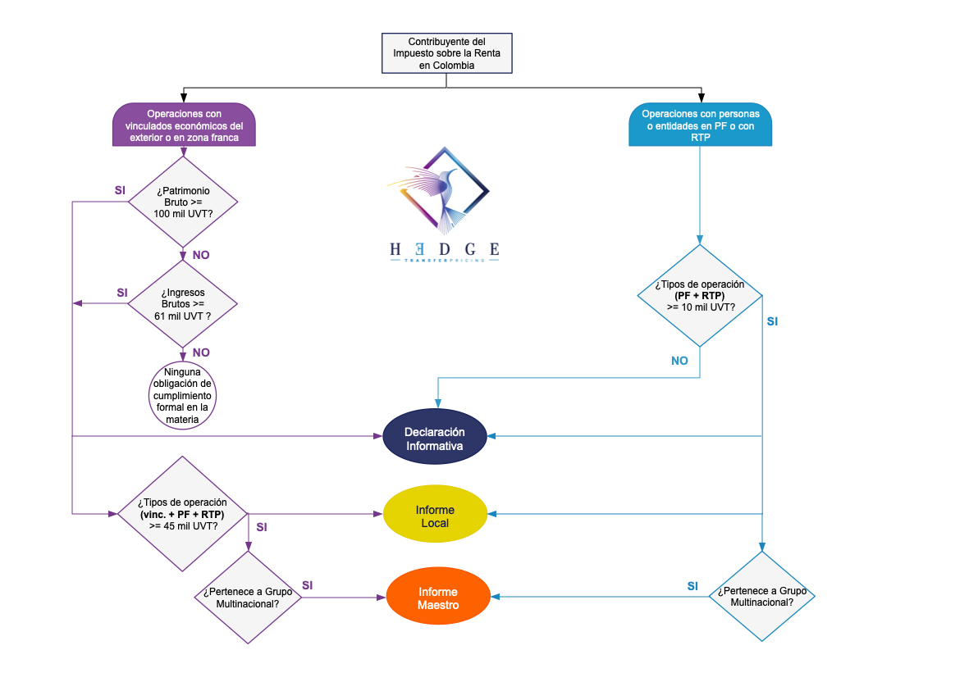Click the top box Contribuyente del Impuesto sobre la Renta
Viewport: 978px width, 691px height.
(447, 53)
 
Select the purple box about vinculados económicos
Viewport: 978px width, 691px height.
(184, 125)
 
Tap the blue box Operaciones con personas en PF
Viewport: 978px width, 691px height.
(701, 125)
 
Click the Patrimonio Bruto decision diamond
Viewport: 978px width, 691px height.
(182, 202)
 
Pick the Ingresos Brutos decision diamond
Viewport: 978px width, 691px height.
(182, 304)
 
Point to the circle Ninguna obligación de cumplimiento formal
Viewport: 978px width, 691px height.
(182, 396)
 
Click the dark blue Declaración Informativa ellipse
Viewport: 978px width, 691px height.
(435, 439)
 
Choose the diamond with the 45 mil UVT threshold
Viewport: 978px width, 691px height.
(182, 514)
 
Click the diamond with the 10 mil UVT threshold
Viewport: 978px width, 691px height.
(700, 296)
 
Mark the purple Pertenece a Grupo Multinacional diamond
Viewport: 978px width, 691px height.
(247, 597)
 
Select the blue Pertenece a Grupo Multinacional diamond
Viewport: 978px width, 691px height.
(761, 596)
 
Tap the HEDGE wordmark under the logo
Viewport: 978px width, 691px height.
(444, 248)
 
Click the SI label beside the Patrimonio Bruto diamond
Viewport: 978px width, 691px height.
(120, 190)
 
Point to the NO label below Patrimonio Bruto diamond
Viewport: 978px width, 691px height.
(201, 255)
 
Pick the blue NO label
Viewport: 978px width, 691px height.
(679, 361)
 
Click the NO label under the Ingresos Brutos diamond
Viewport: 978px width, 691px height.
(201, 352)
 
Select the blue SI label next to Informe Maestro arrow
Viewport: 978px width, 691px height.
(692, 586)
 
